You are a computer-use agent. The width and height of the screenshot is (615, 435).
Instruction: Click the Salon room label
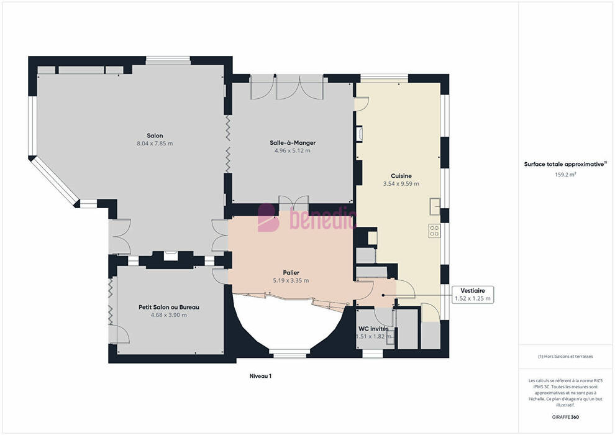[x=155, y=135]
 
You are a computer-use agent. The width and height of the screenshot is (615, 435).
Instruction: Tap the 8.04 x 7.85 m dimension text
[x=155, y=144]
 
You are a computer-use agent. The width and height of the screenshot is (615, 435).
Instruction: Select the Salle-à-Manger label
[x=293, y=143]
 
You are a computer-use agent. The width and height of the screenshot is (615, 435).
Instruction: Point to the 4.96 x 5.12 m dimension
[x=293, y=150]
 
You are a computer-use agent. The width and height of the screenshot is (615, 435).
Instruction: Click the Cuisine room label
[x=401, y=176]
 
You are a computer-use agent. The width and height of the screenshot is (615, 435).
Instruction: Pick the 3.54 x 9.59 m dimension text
[x=401, y=183]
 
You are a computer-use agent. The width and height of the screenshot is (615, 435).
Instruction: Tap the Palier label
[x=291, y=273]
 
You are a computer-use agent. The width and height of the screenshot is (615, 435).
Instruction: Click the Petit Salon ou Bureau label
[x=169, y=307]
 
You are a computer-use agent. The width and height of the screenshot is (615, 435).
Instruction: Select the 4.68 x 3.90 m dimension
[x=169, y=315]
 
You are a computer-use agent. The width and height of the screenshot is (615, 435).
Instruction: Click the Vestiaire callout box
[x=473, y=295]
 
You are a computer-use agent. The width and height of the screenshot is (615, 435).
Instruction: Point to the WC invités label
[x=373, y=329]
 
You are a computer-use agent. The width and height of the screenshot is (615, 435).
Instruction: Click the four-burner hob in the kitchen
[x=434, y=231]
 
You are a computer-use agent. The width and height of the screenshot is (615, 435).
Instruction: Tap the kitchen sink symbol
[x=435, y=206]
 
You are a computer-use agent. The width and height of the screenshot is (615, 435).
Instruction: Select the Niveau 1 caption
[x=261, y=376]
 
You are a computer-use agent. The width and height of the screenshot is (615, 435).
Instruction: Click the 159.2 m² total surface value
[x=565, y=175]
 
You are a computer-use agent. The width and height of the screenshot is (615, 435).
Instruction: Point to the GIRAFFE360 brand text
[x=565, y=417]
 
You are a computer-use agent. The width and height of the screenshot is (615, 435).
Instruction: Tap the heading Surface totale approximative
[x=565, y=164]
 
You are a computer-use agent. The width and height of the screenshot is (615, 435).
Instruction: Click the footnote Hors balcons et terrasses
[x=565, y=357]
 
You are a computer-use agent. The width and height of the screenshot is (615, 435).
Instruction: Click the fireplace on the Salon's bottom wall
[x=171, y=256]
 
